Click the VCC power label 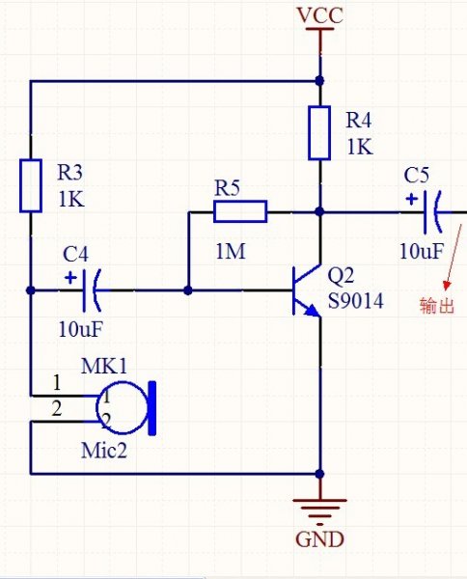pos(319,15)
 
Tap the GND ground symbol pos(319,511)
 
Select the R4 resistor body pos(319,133)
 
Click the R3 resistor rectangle pos(31,185)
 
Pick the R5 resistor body pos(240,211)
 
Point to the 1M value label pos(231,252)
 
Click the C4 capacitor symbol pos(92,290)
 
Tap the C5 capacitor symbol pos(432,212)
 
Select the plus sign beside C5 pos(411,200)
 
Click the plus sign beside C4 pos(70,278)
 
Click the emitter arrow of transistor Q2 pos(313,311)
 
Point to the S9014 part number pos(355,301)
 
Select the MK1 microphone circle pos(122,407)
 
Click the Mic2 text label pos(104,451)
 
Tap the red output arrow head pos(447,287)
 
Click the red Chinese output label pos(436,306)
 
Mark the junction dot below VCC pos(319,80)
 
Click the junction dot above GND pos(319,474)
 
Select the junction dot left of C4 pos(31,290)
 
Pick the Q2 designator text pos(341,275)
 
